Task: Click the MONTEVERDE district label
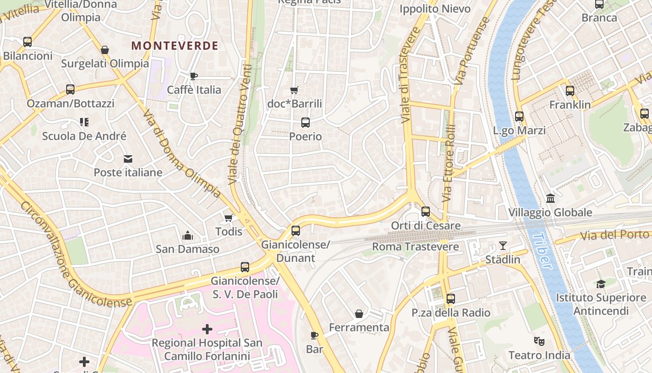click(175, 46)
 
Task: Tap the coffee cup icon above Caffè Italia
click(194, 76)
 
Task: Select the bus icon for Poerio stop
click(306, 123)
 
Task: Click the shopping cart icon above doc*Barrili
click(294, 90)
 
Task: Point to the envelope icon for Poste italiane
click(128, 159)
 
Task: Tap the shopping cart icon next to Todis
click(228, 218)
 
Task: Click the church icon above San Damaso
click(188, 235)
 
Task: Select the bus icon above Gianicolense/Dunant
click(296, 230)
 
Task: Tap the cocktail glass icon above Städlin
click(503, 245)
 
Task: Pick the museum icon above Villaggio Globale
click(550, 198)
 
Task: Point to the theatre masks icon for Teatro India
click(539, 341)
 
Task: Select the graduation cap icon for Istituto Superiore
click(601, 284)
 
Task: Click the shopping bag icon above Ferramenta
click(359, 314)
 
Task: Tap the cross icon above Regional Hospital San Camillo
click(207, 329)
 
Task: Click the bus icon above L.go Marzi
click(519, 117)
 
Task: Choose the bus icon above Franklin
click(570, 91)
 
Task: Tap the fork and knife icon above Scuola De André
click(84, 122)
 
